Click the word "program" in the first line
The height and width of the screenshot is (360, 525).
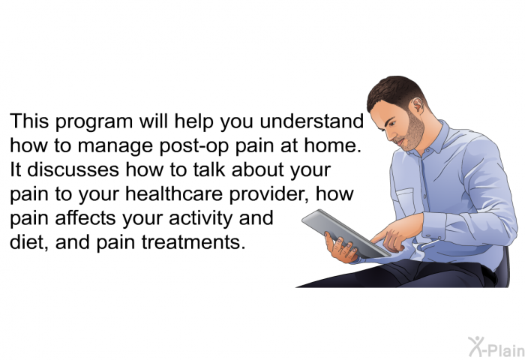94,123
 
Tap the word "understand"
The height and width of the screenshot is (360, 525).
312,121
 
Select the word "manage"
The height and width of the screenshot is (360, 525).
115,147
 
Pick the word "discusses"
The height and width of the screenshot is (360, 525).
73,169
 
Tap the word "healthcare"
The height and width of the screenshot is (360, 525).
174,193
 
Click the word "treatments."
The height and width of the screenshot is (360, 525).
193,242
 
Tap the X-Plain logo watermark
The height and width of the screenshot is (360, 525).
496,347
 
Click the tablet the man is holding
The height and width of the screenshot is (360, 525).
345,234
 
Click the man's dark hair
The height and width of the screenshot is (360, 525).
396,92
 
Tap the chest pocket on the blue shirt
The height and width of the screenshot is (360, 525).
406,204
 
